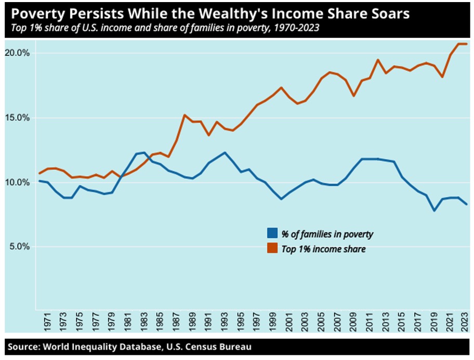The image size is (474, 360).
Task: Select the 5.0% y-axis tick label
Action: [20, 247]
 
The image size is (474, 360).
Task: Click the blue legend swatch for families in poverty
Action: [272, 234]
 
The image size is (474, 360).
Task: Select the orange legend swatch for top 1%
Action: [272, 249]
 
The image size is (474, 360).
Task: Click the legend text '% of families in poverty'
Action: [327, 234]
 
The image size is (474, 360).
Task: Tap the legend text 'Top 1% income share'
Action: [323, 249]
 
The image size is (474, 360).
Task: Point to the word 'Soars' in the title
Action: [392, 14]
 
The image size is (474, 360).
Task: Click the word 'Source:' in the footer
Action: [23, 346]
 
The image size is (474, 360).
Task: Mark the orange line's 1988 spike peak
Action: [185, 115]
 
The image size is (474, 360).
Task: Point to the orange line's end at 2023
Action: [466, 44]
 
